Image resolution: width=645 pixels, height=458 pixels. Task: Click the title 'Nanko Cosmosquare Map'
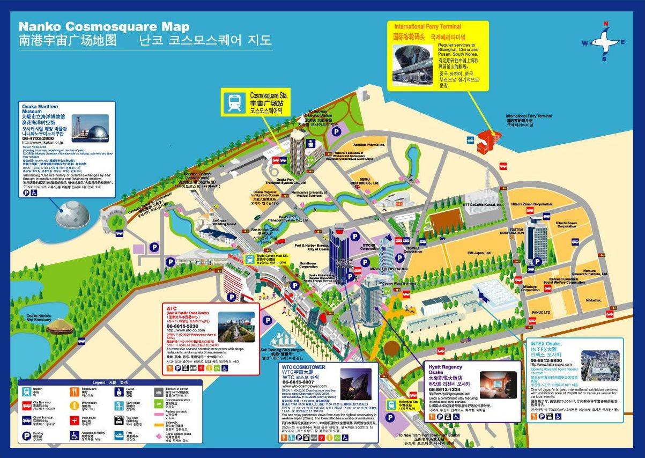[x=104, y=27]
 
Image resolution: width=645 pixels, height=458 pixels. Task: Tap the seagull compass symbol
[x=606, y=41]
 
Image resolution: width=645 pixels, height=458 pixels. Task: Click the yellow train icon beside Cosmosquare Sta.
[x=235, y=102]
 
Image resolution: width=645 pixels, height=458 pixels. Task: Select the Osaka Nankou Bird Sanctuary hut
[x=57, y=326]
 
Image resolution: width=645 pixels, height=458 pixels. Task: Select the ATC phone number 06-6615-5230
[x=182, y=326]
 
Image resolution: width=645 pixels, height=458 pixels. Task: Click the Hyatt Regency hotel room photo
[x=498, y=383]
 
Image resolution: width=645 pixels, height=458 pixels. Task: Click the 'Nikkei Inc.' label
[x=594, y=300]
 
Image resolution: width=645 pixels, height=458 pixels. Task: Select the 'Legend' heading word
[x=99, y=382]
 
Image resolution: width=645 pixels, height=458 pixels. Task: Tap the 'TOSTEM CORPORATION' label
[x=512, y=231]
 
